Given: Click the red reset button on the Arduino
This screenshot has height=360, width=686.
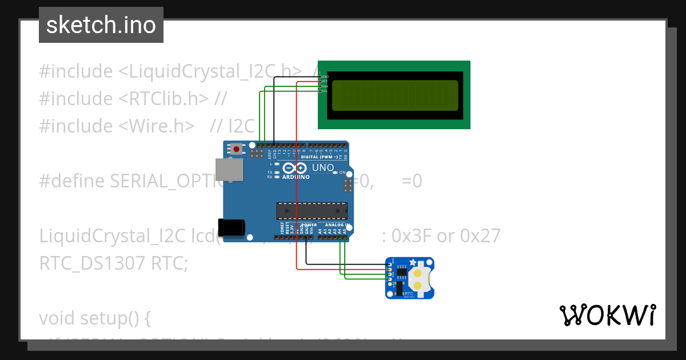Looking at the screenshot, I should pos(236,149).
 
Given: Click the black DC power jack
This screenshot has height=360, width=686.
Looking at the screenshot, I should pos(232,227).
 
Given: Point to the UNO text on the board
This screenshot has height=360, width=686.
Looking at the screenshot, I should pos(322,168).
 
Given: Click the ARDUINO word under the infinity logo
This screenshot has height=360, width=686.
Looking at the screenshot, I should pos(296,177).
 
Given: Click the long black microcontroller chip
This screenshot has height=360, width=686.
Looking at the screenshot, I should pos(312,211).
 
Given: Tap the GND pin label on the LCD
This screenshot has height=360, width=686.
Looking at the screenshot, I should pos(325,76).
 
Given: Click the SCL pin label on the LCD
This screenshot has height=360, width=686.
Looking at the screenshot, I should pos(324,91).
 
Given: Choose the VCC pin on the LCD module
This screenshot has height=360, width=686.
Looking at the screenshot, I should pos(324,81).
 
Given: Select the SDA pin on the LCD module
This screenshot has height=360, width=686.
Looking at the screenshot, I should pos(324,86).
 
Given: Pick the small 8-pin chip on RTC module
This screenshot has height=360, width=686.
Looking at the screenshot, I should pos(402,275).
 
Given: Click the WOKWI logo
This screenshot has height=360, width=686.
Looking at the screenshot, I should pos(607,315).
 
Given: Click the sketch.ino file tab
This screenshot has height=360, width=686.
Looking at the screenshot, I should pos(101,25).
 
